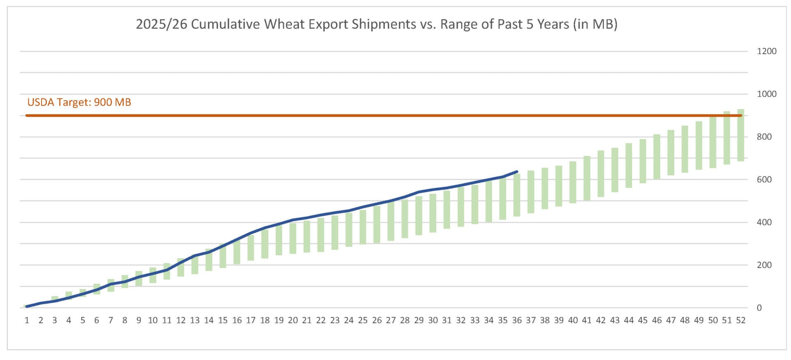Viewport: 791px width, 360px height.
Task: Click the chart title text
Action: coord(377,24)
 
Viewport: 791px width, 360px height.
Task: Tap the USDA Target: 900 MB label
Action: coord(79,102)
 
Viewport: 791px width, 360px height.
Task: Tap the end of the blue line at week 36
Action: coord(517,171)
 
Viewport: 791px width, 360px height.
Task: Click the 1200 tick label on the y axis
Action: coord(766,51)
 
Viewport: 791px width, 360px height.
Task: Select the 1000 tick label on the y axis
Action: coord(766,94)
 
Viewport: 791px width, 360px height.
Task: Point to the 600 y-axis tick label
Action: coord(764,180)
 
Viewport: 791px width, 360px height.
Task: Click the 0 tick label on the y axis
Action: coord(759,308)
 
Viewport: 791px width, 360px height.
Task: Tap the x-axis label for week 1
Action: coord(27,320)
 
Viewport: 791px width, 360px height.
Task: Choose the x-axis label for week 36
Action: coord(517,320)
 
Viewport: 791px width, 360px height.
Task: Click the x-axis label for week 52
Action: coord(741,320)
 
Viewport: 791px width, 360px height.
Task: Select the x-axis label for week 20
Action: coord(293,320)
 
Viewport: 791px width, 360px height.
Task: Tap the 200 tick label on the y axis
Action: coord(764,265)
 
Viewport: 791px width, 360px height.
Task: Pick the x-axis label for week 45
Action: coord(643,320)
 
